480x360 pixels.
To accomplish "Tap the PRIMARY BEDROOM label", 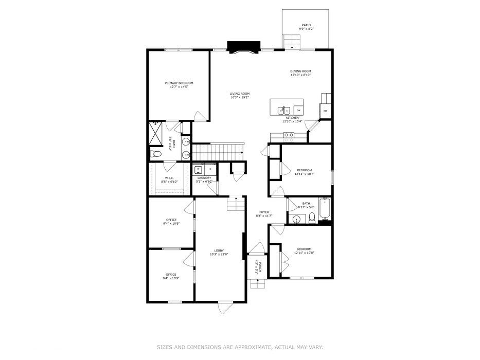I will [179, 83].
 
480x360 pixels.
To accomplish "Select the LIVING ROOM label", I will [240, 94].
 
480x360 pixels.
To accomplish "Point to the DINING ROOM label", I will [301, 71].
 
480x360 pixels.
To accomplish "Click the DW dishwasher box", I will [298, 110].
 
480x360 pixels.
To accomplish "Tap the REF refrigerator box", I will [325, 111].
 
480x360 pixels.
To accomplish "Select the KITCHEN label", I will [292, 118].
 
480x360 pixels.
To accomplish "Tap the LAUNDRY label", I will [204, 178].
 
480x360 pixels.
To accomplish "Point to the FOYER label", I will [263, 212].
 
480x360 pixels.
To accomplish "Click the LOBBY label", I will [219, 250].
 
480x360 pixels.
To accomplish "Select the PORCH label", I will [260, 266].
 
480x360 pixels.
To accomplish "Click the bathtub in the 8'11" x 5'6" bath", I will [325, 210].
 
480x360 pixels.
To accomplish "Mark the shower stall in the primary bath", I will [156, 132].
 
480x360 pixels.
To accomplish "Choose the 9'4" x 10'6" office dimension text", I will [171, 224].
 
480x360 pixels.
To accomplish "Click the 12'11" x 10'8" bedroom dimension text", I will [304, 253].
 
